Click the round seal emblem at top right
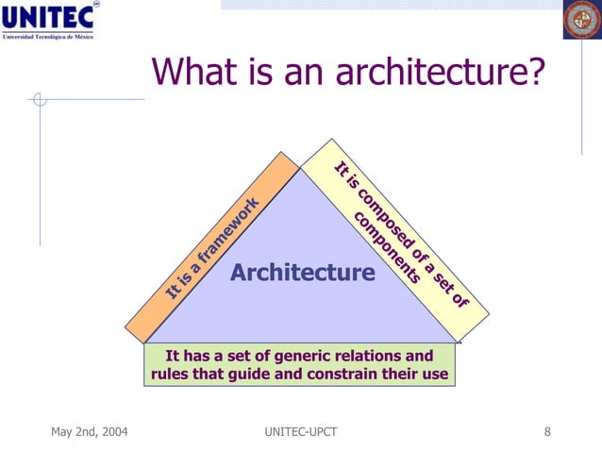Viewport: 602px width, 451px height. coord(581,20)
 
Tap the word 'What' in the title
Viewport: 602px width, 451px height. coord(193,72)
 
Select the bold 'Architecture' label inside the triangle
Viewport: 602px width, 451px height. coord(303,274)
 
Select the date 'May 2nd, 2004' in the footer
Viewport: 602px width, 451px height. coord(90,432)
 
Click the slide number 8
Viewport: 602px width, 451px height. coord(548,432)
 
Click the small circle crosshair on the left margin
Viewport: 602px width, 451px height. coord(39,98)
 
